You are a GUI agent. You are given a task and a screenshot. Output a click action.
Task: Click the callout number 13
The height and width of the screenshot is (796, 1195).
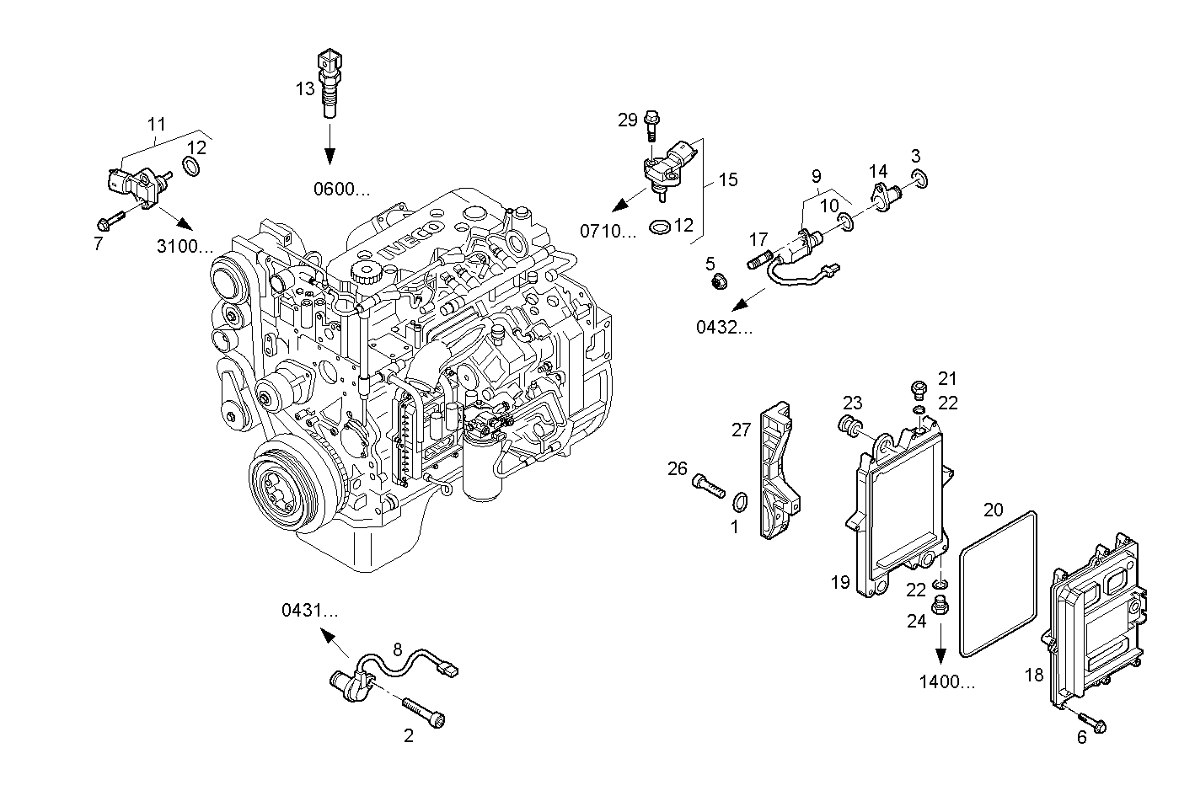[x=304, y=88]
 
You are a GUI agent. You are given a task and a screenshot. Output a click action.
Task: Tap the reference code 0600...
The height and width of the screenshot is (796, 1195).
[x=341, y=190]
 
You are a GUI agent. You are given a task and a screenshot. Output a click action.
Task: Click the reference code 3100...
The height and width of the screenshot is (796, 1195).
[x=185, y=247]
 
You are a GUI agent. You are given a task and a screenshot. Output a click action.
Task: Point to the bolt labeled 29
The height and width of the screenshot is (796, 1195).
[x=651, y=126]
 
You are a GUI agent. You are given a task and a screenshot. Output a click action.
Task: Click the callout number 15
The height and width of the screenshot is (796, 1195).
[x=727, y=179]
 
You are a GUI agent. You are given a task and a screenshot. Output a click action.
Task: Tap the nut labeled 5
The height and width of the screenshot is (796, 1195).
[x=719, y=281]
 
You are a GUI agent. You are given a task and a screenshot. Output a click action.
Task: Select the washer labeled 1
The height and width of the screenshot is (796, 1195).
[x=739, y=503]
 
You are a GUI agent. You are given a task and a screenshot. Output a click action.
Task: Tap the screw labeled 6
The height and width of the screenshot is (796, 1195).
[x=1092, y=723]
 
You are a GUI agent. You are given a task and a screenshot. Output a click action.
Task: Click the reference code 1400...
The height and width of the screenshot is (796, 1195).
[x=947, y=682]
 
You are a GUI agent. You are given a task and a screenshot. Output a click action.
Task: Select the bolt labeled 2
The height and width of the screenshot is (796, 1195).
[x=424, y=711]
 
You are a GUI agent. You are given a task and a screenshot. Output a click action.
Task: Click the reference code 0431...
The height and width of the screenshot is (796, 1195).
[x=309, y=611]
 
